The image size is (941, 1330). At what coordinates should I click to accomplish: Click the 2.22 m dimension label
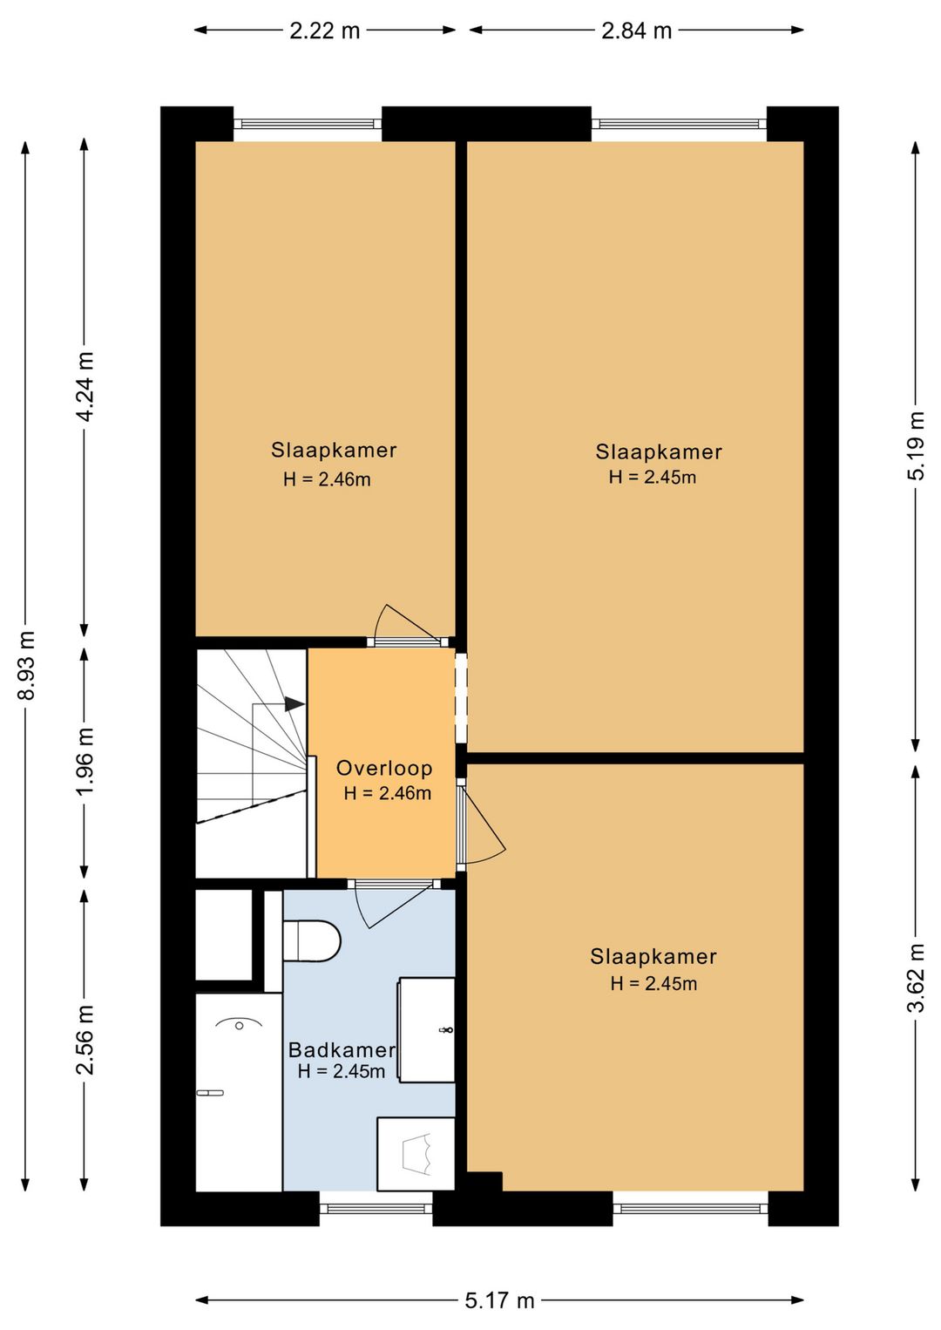325,31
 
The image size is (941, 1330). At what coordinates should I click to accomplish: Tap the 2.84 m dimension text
636,31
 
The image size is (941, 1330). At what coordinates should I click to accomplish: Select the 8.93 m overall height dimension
26,666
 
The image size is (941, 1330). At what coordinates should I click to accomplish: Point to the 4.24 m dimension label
85,386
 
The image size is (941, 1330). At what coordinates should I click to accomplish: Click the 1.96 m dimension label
85,763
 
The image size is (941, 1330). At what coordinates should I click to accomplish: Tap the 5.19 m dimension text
916,445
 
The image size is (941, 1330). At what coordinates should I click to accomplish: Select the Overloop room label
384,768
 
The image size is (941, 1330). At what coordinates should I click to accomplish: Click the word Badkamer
342,1049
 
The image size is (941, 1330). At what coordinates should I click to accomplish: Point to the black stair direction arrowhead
294,704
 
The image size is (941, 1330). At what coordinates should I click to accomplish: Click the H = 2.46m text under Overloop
387,793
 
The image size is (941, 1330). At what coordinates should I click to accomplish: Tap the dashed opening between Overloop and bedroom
461,697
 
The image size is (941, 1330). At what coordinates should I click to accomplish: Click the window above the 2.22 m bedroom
308,124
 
